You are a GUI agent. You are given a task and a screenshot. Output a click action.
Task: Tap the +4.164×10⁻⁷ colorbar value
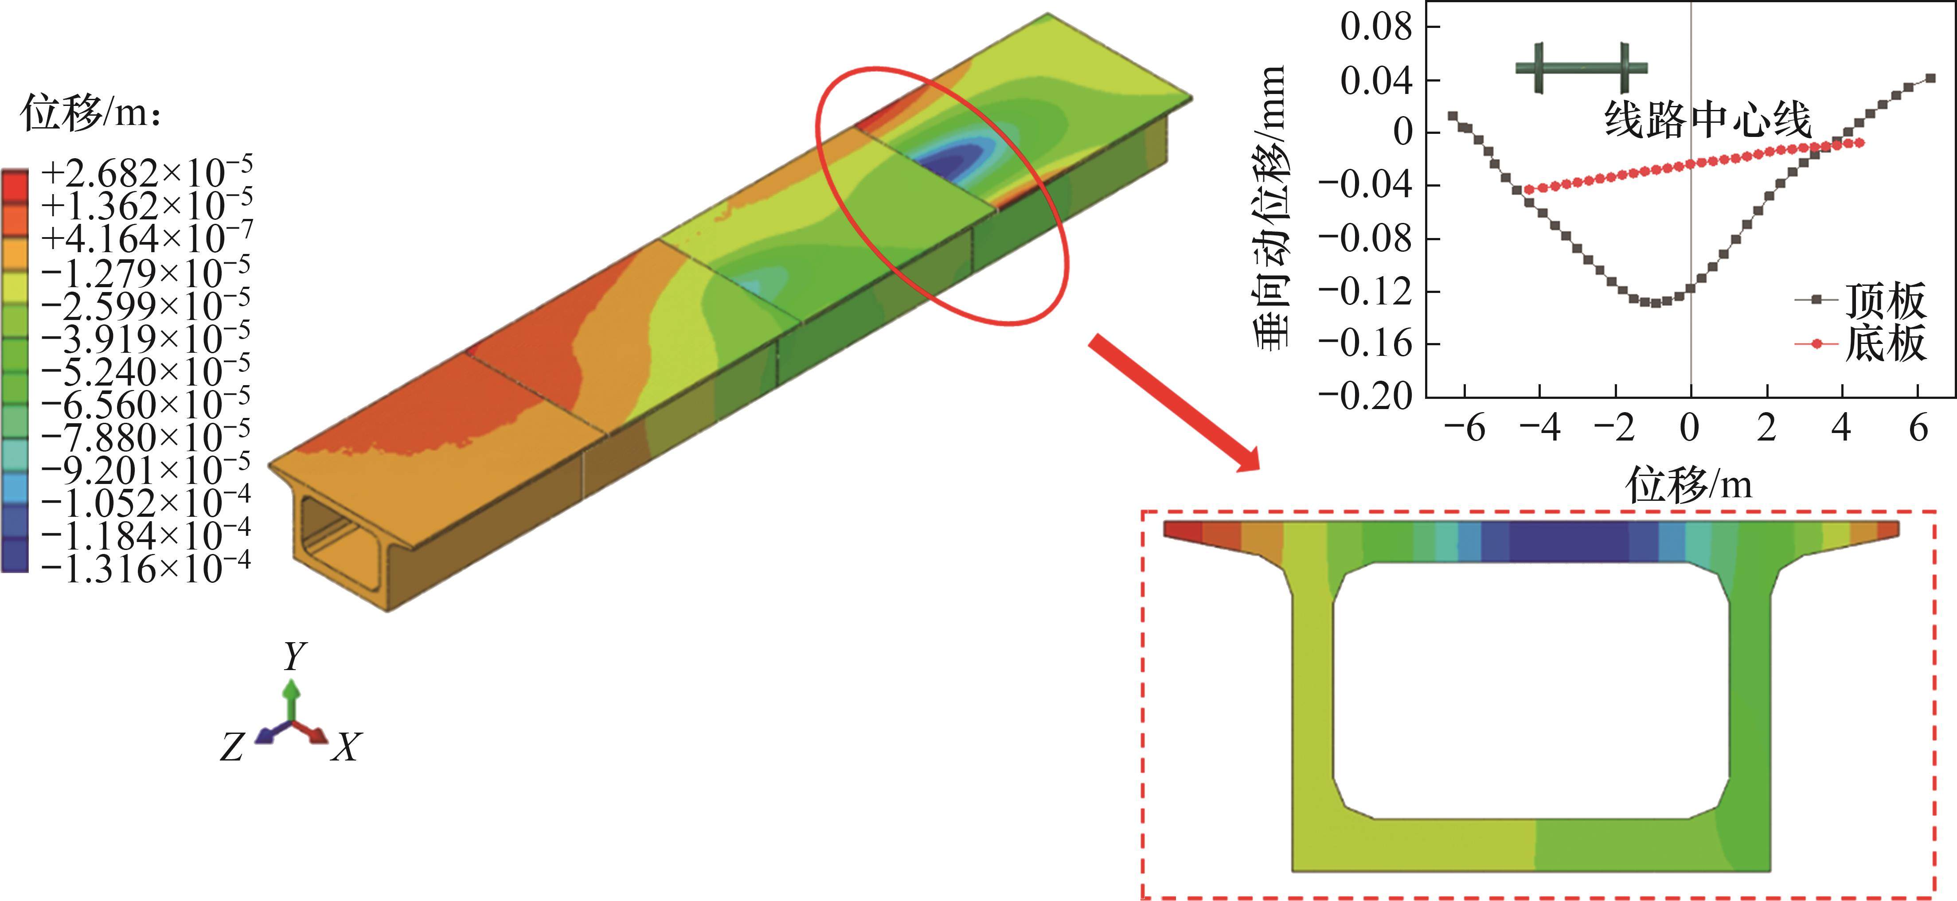[146, 238]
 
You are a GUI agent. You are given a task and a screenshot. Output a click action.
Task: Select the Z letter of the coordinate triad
[232, 747]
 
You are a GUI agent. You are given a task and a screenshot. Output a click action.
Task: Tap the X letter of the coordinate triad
[347, 747]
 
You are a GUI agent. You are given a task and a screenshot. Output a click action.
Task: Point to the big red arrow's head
[1242, 455]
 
